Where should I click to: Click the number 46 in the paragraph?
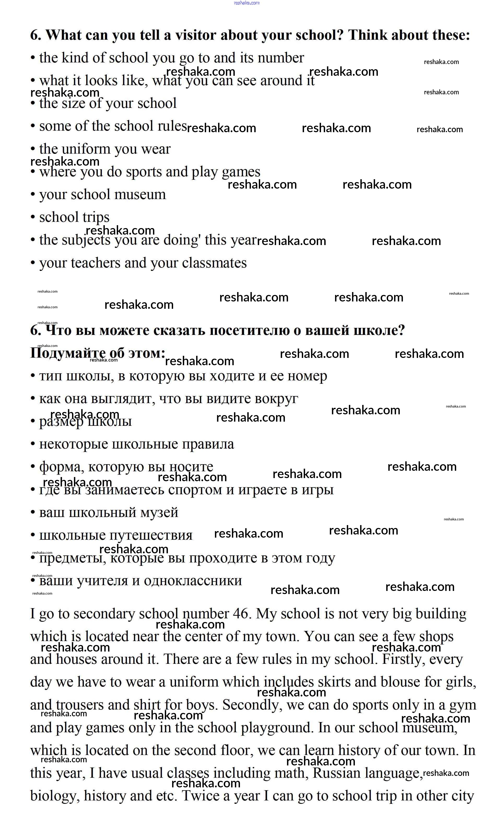click(x=240, y=614)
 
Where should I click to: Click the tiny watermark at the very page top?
click(x=246, y=3)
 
